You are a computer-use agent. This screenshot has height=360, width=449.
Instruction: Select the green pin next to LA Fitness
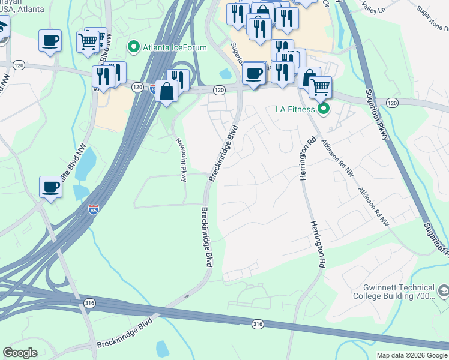pos(324,109)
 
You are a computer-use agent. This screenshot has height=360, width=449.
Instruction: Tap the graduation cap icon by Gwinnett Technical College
pos(443,292)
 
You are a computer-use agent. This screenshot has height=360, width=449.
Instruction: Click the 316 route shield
pos(258,324)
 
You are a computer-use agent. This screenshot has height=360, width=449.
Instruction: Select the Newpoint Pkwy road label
pos(181,160)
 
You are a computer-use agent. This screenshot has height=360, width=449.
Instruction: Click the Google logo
pos(20,353)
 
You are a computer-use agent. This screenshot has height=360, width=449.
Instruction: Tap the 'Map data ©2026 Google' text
pos(412,355)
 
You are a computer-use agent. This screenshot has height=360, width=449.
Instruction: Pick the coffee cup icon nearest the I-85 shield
pos(50,187)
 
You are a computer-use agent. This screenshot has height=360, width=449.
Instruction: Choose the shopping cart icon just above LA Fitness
pos(320,88)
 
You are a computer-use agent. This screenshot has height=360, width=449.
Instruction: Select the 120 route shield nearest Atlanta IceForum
pos(138,87)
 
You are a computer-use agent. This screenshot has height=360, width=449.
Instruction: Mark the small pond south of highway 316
pos(161,347)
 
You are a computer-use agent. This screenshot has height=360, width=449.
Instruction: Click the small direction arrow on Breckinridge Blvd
pos(187,296)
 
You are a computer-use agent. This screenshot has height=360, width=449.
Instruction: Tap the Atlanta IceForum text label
pos(174,47)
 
